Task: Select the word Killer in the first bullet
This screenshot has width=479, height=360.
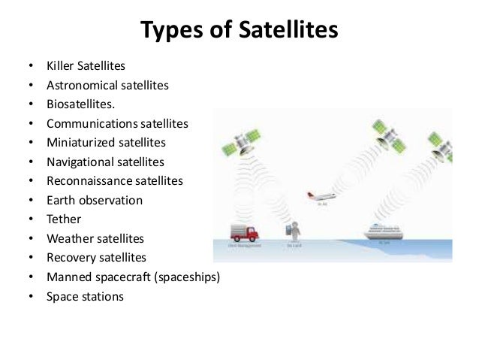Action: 61,66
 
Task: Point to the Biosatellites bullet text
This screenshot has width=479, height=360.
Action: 81,104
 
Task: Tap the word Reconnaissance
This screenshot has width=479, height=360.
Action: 86,181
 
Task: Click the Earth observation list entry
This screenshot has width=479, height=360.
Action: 94,201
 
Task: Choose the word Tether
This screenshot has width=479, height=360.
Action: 64,219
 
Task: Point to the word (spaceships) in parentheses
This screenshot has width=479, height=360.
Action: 184,277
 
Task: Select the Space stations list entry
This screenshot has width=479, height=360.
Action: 85,296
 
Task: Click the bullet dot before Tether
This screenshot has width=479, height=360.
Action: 29,220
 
